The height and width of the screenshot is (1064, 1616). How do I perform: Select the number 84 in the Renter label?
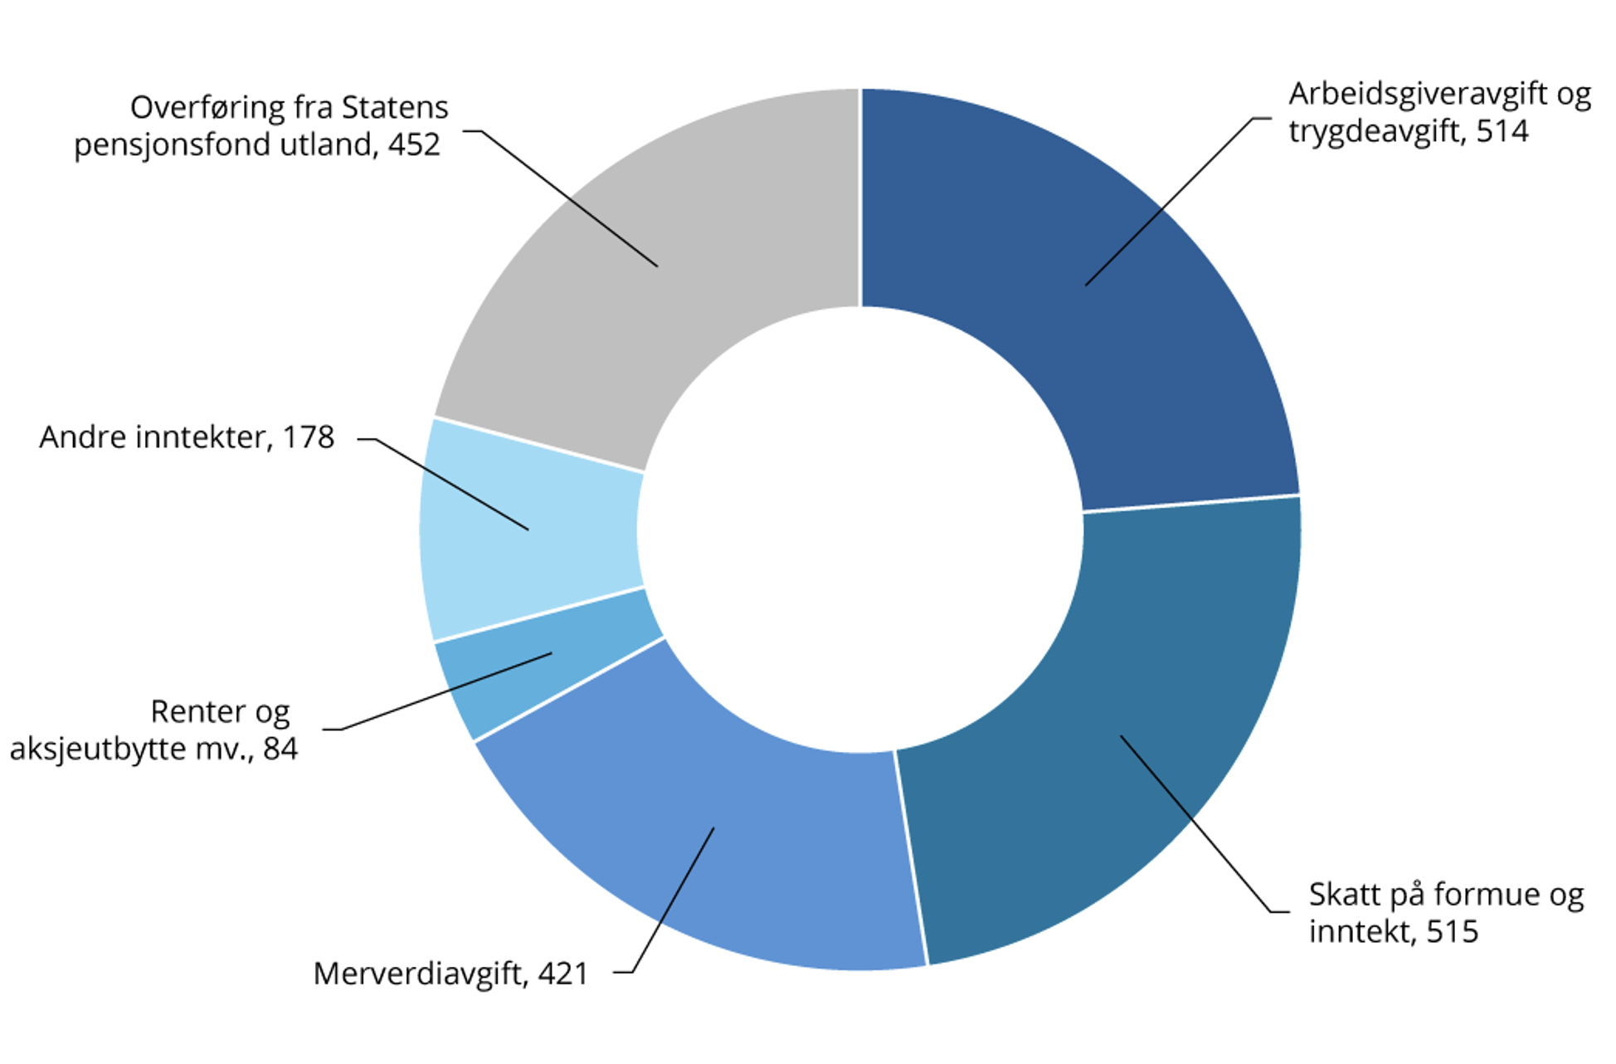(280, 749)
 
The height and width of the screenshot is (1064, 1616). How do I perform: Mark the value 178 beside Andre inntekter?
(308, 437)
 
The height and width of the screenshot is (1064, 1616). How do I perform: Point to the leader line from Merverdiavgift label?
(672, 900)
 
